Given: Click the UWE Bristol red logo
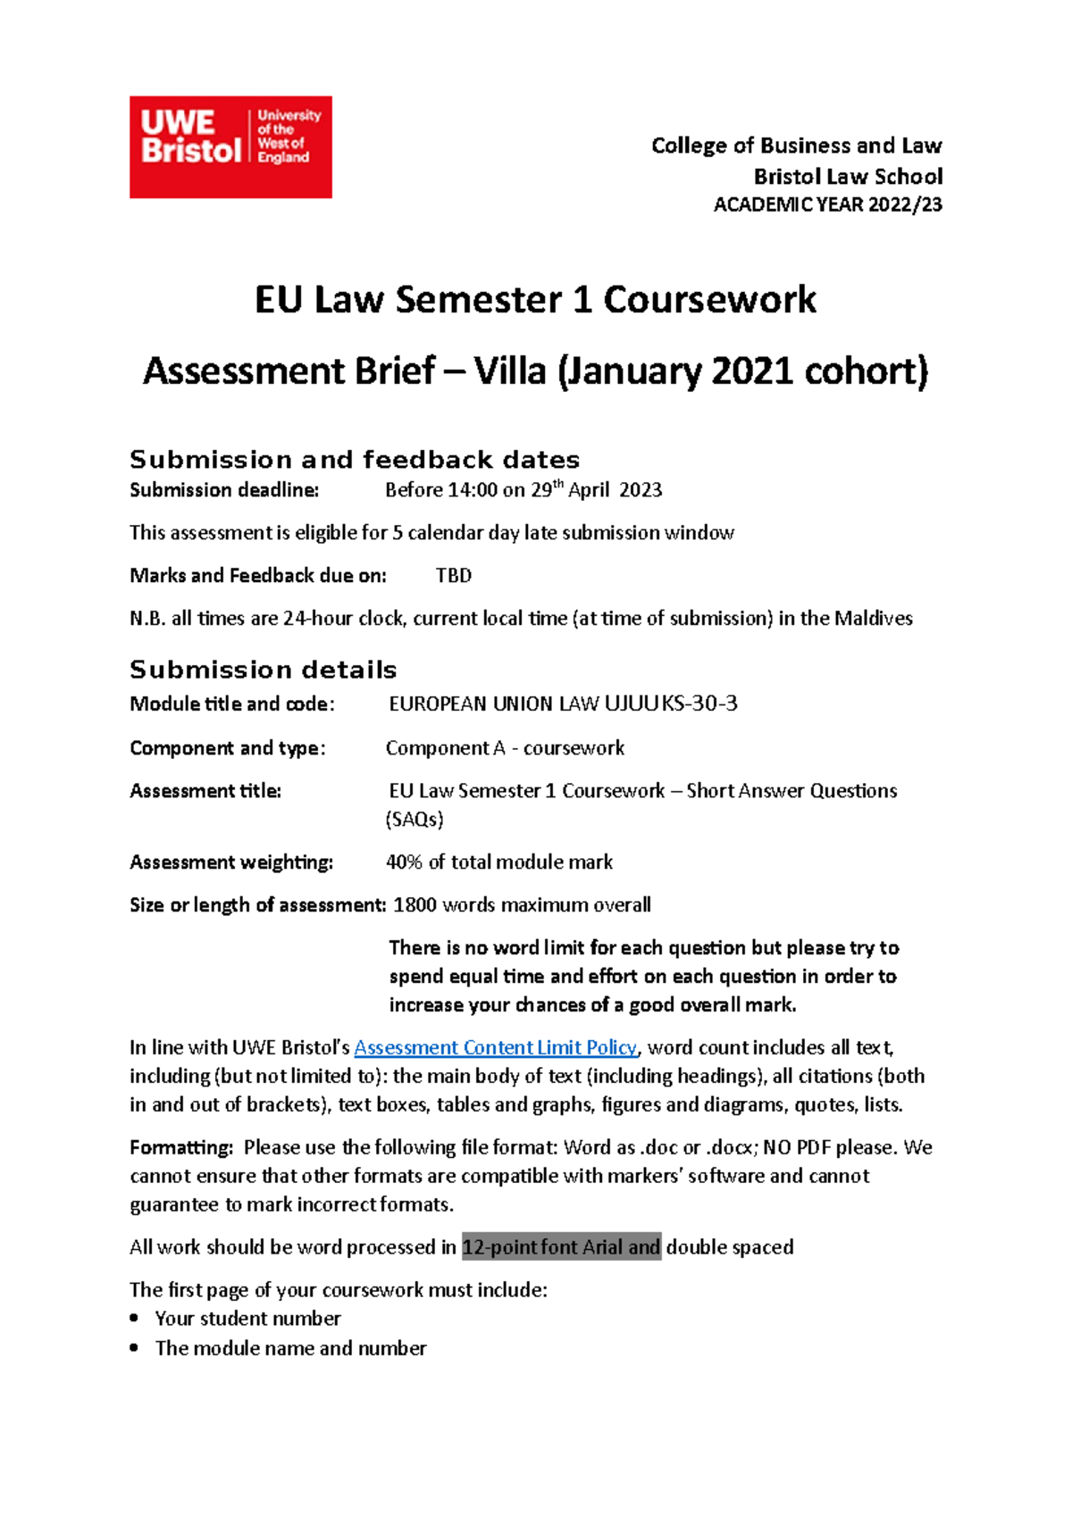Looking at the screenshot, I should tap(230, 147).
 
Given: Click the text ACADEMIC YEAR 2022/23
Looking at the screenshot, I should tap(827, 205).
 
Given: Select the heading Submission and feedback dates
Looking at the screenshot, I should tap(355, 460).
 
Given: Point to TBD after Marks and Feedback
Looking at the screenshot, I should tap(453, 576).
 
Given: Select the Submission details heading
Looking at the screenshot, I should tap(263, 670).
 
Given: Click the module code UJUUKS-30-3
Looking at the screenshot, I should tap(671, 704).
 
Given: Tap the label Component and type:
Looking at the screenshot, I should tap(227, 748).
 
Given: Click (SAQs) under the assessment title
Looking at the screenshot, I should tap(415, 820).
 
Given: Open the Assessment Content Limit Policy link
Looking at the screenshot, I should tap(495, 1048).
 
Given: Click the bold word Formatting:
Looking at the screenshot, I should tap(181, 1148).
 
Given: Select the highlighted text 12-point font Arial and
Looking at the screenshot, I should tap(561, 1247).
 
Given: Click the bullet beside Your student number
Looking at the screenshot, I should tap(134, 1319).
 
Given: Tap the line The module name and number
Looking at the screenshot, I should tap(290, 1348).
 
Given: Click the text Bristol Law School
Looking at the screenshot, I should tap(848, 176).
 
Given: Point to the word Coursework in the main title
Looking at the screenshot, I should tap(709, 299).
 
